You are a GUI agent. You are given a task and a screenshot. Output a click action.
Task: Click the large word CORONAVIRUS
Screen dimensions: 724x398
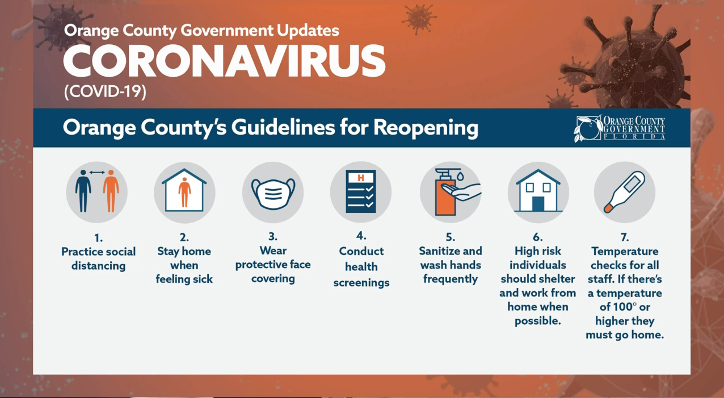pyautogui.click(x=224, y=61)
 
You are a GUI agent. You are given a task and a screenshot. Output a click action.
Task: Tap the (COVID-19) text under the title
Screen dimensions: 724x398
pyautogui.click(x=105, y=91)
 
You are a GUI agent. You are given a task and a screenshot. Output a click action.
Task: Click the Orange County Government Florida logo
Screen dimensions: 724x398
pyautogui.click(x=620, y=128)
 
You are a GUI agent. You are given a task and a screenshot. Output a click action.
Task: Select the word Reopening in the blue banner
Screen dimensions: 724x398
pyautogui.click(x=426, y=128)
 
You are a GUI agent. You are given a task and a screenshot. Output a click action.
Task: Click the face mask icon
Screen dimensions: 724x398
pyautogui.click(x=273, y=194)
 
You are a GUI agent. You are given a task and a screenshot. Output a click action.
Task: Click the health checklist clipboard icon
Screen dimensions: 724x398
pyautogui.click(x=361, y=191)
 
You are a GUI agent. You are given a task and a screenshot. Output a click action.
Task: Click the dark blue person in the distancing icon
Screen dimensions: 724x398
pyautogui.click(x=83, y=191)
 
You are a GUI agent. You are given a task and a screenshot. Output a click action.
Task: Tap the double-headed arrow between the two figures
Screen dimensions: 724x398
pyautogui.click(x=97, y=173)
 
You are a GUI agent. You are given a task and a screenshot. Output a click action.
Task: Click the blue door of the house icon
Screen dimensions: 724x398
pyautogui.click(x=538, y=204)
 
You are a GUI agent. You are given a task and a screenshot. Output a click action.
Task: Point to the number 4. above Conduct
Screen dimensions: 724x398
pyautogui.click(x=361, y=236)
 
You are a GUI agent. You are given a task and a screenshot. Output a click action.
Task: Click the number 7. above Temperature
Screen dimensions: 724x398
pyautogui.click(x=625, y=237)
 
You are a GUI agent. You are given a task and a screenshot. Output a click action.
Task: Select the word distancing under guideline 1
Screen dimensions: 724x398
pyautogui.click(x=98, y=266)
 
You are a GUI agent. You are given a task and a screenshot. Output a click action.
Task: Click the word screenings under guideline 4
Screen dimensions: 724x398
pyautogui.click(x=361, y=283)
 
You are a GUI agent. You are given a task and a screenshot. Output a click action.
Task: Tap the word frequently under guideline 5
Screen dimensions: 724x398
pyautogui.click(x=451, y=279)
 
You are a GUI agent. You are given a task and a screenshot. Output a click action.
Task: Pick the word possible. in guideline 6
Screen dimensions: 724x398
pyautogui.click(x=538, y=321)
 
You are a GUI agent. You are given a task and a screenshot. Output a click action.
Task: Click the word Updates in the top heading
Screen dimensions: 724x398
pyautogui.click(x=308, y=31)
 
